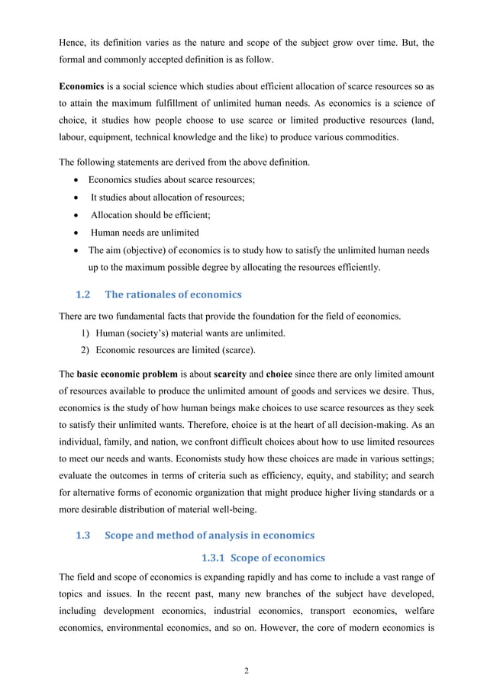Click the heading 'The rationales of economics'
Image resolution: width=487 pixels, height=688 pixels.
(x=173, y=294)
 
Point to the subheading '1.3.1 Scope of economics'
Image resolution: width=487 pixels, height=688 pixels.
(x=263, y=557)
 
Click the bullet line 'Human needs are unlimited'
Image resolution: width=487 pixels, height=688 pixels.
(x=145, y=233)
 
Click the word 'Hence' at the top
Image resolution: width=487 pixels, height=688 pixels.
(x=73, y=43)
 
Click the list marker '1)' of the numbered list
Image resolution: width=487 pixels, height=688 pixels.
(x=86, y=333)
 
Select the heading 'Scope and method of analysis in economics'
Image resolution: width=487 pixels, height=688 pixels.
(x=208, y=535)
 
